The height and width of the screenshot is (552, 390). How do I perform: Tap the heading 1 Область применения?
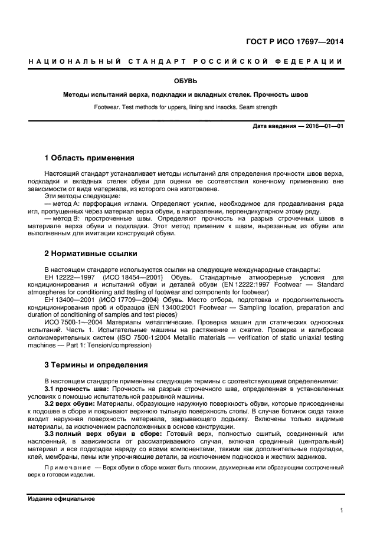[x=90, y=158]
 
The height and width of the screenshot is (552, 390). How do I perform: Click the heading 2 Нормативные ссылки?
[x=91, y=254]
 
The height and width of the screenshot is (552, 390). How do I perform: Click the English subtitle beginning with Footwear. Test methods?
[x=185, y=107]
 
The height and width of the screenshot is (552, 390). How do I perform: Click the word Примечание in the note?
[x=68, y=467]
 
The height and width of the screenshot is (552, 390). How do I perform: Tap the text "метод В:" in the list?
[x=70, y=219]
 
